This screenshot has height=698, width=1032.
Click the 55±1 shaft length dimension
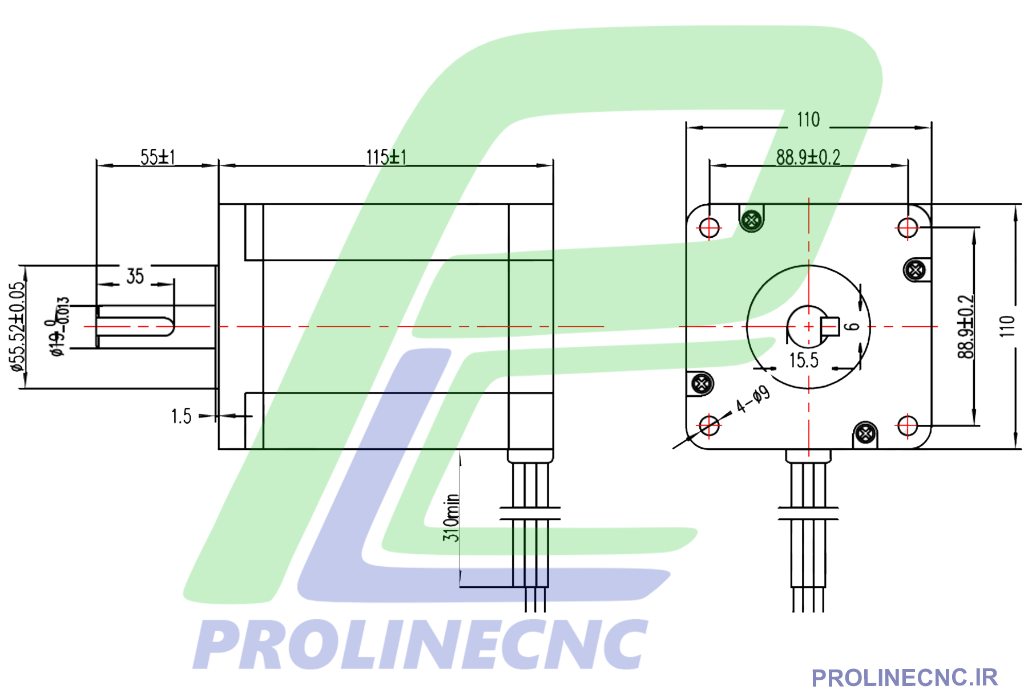click(x=158, y=157)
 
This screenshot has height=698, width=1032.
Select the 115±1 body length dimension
click(x=386, y=157)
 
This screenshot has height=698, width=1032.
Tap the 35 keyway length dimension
click(x=135, y=276)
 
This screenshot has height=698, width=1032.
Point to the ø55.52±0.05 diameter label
click(x=18, y=327)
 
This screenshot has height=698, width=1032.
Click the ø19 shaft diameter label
click(x=59, y=327)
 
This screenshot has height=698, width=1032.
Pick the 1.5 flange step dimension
click(x=181, y=416)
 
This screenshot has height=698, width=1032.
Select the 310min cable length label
click(x=451, y=517)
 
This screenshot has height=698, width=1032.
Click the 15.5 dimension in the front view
click(x=804, y=360)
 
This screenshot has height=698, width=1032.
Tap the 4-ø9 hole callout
click(x=753, y=399)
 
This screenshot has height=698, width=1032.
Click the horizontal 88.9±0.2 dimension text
click(x=808, y=157)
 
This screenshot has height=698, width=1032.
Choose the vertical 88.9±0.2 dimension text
click(x=965, y=327)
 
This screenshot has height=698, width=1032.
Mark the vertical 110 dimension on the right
click(x=1007, y=326)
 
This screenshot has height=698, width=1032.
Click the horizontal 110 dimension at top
click(x=808, y=120)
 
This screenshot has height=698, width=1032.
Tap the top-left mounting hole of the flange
click(x=709, y=228)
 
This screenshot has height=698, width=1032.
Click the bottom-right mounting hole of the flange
click(x=907, y=425)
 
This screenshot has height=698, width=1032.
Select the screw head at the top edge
click(x=752, y=220)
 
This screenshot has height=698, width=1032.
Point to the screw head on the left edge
click(x=702, y=383)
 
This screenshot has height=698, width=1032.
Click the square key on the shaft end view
click(x=829, y=326)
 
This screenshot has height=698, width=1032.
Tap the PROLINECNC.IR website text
click(x=904, y=678)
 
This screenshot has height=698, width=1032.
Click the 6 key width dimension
click(x=852, y=326)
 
